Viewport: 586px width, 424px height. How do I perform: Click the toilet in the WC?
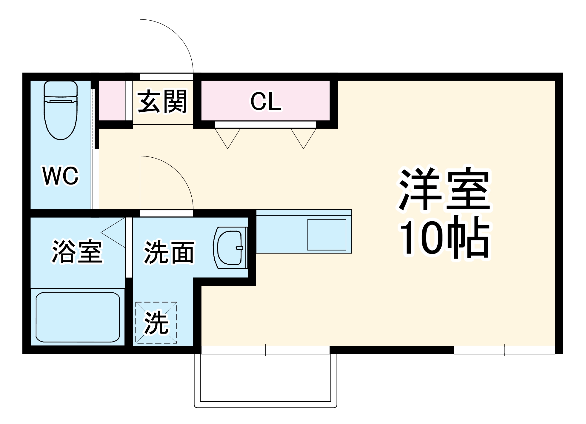tap(61, 110)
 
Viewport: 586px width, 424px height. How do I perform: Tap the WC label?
tap(61, 176)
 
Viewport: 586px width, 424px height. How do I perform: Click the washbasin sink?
tap(230, 248)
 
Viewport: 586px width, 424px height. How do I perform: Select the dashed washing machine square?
tap(156, 322)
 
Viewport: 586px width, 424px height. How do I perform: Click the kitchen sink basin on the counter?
tap(327, 235)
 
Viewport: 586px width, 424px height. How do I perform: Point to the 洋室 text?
tap(445, 190)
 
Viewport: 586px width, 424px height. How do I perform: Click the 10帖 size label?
tap(445, 237)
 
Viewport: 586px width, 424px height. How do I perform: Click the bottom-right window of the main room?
tap(505, 350)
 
